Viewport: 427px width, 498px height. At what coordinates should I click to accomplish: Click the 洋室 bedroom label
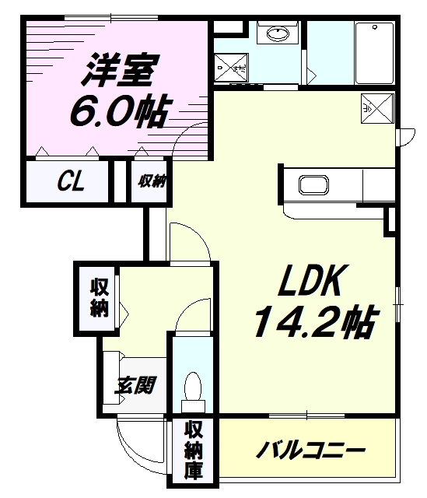121,71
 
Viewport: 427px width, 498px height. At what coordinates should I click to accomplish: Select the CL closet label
71,181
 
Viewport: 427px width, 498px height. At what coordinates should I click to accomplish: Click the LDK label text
312,280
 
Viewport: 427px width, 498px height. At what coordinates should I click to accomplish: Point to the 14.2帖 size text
317,321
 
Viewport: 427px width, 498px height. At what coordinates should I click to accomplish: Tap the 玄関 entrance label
135,385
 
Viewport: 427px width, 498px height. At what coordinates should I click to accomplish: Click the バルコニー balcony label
310,450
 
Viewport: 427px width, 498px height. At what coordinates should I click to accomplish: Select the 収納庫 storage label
194,450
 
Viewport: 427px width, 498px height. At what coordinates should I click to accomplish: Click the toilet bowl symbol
193,392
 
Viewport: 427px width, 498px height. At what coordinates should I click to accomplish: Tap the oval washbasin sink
278,33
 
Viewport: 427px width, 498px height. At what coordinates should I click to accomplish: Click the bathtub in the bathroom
375,53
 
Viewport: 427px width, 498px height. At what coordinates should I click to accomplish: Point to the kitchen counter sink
313,184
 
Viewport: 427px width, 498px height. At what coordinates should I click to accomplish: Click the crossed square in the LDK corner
377,108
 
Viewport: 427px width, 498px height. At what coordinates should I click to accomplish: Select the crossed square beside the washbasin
231,68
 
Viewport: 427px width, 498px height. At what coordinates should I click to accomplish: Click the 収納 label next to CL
152,181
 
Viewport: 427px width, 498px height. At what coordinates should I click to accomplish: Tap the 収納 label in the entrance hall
100,298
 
